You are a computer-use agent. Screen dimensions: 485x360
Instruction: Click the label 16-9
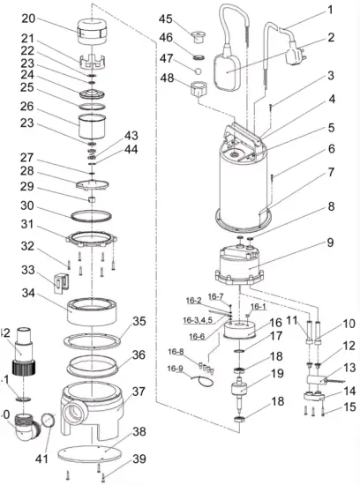[175, 369]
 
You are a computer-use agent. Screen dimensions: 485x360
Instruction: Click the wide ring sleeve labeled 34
[94, 310]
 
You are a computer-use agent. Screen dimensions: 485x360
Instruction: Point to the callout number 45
[166, 19]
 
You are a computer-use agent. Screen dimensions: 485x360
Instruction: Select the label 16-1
[258, 306]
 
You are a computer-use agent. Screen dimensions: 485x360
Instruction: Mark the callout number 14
[332, 389]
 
